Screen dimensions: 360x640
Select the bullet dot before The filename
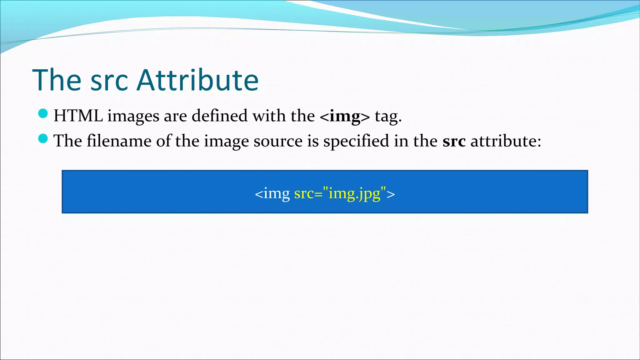click(x=43, y=138)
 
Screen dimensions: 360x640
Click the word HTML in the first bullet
click(x=78, y=116)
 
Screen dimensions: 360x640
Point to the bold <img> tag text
click(x=345, y=116)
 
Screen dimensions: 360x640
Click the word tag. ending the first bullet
click(x=388, y=116)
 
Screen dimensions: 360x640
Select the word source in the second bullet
click(x=278, y=141)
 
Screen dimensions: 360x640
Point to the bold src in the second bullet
click(x=454, y=141)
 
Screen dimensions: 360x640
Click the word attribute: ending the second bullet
click(x=506, y=141)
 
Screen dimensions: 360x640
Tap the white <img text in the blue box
click(x=272, y=193)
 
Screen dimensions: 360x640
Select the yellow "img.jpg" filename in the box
click(x=355, y=193)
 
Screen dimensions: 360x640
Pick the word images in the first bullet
click(x=133, y=116)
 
